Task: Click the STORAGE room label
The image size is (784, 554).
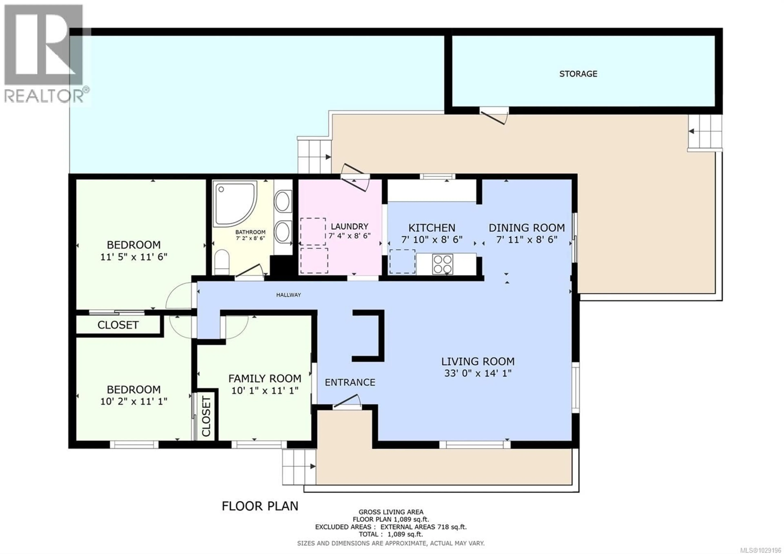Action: click(578, 74)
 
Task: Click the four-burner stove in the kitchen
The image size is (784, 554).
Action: click(443, 264)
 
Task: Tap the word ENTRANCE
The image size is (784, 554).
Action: click(350, 382)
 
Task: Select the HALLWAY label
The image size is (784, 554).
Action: click(288, 295)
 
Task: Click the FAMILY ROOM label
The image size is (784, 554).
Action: click(265, 379)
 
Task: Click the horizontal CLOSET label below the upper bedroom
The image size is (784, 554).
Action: click(118, 325)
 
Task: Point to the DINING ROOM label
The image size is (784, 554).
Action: click(527, 228)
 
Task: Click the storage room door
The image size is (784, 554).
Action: click(493, 115)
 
